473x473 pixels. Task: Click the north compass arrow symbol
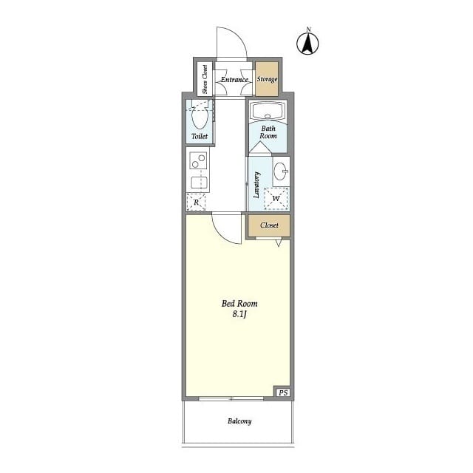tap(307, 44)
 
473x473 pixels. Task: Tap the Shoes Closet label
tap(205, 79)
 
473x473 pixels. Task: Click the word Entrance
tap(234, 80)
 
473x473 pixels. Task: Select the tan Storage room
tap(267, 79)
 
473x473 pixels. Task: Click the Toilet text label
tap(200, 136)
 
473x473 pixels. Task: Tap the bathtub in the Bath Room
tap(268, 111)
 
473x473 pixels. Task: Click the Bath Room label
tap(268, 132)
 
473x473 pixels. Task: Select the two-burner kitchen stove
tap(199, 160)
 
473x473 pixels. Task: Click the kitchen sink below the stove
tap(200, 183)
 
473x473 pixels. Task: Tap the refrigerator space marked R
tap(196, 202)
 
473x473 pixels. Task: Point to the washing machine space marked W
tap(276, 198)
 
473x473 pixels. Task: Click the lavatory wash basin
tap(281, 171)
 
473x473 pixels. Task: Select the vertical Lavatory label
tap(256, 185)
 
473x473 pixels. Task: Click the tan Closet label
tap(269, 225)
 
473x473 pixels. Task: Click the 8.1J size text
tap(239, 314)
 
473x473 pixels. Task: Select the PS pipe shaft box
tap(283, 392)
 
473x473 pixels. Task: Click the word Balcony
tap(239, 421)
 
